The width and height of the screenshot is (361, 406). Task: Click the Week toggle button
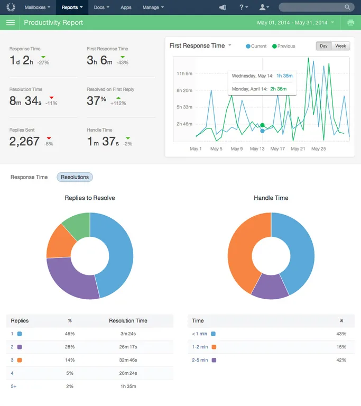pyautogui.click(x=340, y=46)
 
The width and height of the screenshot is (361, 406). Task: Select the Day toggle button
pyautogui.click(x=323, y=46)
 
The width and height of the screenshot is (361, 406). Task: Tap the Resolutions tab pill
pyautogui.click(x=75, y=177)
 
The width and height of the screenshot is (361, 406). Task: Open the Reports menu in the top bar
pyautogui.click(x=72, y=7)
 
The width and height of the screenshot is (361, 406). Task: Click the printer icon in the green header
pyautogui.click(x=351, y=23)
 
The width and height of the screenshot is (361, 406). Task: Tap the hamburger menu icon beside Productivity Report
pyautogui.click(x=11, y=23)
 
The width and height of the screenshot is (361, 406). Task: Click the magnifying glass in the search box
pyautogui.click(x=347, y=7)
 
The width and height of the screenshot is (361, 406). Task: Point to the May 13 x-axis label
pyautogui.click(x=257, y=149)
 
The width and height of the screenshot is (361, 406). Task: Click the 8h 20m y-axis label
pyautogui.click(x=184, y=90)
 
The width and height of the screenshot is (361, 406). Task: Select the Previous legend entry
pyautogui.click(x=284, y=46)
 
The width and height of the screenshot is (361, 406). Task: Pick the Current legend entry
pyautogui.click(x=256, y=46)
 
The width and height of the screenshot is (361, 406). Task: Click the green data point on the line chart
pyautogui.click(x=262, y=125)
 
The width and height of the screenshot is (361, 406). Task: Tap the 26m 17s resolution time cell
pyautogui.click(x=128, y=347)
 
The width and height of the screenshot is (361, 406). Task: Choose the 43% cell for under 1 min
pyautogui.click(x=341, y=334)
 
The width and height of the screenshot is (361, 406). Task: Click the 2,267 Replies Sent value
pyautogui.click(x=24, y=141)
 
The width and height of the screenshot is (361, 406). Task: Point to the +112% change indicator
pyautogui.click(x=118, y=103)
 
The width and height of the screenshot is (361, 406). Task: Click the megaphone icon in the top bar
pyautogui.click(x=223, y=7)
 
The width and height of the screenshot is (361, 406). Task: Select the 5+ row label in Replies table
pyautogui.click(x=13, y=386)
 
